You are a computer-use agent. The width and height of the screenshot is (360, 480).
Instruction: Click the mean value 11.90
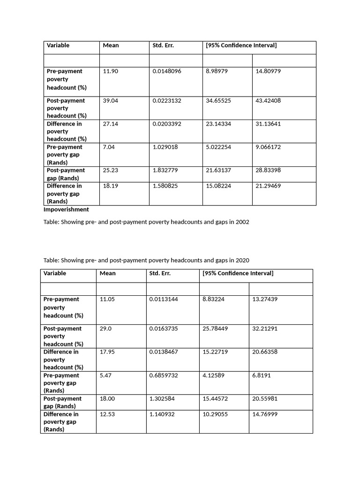coord(110,71)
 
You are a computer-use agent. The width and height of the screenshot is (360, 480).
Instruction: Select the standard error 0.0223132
coord(167,101)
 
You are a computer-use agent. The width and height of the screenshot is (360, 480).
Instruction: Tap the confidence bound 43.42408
coord(268,101)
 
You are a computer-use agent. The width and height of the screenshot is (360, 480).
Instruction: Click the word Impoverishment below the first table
coord(66,210)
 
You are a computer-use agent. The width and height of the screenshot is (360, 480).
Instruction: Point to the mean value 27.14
coord(110,124)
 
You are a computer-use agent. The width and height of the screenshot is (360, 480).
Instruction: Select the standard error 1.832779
coord(165,171)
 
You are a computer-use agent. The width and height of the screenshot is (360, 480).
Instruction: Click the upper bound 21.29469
coord(268,186)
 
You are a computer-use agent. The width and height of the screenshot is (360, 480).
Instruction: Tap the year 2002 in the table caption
coord(242,222)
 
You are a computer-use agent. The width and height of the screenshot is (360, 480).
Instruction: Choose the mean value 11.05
coord(107,299)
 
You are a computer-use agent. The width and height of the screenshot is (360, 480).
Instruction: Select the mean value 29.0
coord(105,329)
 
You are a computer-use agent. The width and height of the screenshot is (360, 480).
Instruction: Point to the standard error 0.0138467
coord(164,352)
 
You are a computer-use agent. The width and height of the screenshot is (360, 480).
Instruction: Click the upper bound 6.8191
coord(262,375)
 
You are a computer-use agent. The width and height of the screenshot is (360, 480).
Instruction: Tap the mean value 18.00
coord(107,399)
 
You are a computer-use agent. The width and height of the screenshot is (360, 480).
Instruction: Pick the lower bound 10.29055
coord(215,414)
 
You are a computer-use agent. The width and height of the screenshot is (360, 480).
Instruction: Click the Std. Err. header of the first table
coord(164,45)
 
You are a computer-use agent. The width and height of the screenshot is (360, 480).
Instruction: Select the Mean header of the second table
coord(107,273)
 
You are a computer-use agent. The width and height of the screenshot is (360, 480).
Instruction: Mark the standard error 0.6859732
coord(164,375)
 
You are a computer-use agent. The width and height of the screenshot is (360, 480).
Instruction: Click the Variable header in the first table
coord(58,45)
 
